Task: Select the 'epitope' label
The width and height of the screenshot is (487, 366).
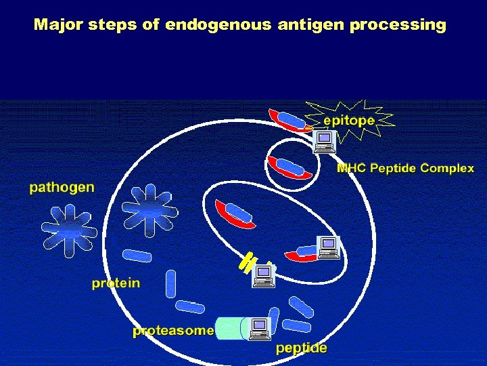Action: click(348, 120)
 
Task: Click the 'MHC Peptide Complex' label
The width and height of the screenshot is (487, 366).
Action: click(405, 168)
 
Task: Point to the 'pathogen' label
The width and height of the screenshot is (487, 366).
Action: click(62, 187)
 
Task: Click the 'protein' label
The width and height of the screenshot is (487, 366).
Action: click(116, 283)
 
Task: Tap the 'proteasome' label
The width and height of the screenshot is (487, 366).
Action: click(173, 331)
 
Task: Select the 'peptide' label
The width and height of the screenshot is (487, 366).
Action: click(302, 348)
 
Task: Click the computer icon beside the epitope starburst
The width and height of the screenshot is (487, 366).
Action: click(325, 141)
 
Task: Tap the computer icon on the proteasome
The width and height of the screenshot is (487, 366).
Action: click(260, 329)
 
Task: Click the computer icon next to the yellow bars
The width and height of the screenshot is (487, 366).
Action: click(263, 276)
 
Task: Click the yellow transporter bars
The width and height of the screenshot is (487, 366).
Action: click(247, 262)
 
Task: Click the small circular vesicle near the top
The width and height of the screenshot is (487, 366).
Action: click(289, 166)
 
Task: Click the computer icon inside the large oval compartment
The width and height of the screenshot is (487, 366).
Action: click(328, 247)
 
